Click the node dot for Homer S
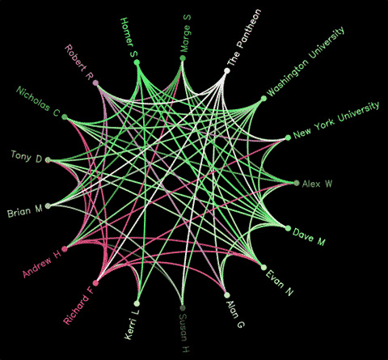pyautogui.click(x=137, y=62)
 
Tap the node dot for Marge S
pyautogui.click(x=183, y=58)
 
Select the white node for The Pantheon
pyautogui.click(x=227, y=70)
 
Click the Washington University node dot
pyautogui.click(x=264, y=99)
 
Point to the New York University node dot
pyautogui.click(x=288, y=138)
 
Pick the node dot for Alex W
pyautogui.click(x=297, y=183)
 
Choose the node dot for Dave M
pyautogui.click(x=288, y=229)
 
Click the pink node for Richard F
pyautogui.click(x=95, y=283)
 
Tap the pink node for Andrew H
pyautogui.click(x=65, y=248)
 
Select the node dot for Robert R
pyautogui.click(x=95, y=83)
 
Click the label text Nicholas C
pyautogui.click(x=38, y=101)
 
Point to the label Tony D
pyautogui.click(x=27, y=157)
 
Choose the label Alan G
pyautogui.click(x=235, y=314)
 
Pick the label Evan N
pyautogui.click(x=280, y=283)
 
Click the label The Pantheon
pyautogui.click(x=244, y=37)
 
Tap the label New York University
pyautogui.click(x=336, y=120)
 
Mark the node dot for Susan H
pyautogui.click(x=183, y=308)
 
